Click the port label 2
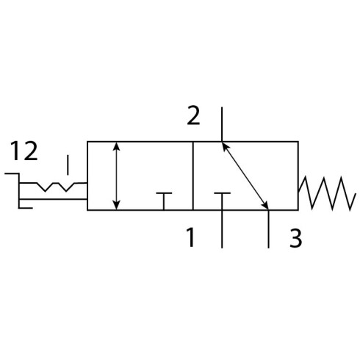(193, 115)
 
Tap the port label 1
(190, 237)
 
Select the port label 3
(295, 237)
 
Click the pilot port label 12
(24, 151)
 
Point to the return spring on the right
(327, 193)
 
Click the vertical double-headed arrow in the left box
(117, 176)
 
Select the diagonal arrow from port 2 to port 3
(245, 176)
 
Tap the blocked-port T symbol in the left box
(164, 201)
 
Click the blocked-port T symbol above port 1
(222, 201)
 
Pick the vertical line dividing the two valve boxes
(193, 176)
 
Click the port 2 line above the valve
(222, 124)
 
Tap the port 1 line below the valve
(222, 229)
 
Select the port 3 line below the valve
(269, 229)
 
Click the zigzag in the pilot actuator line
(56, 187)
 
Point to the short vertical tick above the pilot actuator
(68, 165)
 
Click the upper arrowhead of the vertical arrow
(117, 146)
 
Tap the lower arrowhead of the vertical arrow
(117, 206)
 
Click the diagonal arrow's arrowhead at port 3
(265, 205)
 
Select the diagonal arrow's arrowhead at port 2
(225, 146)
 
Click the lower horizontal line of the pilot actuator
(53, 199)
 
